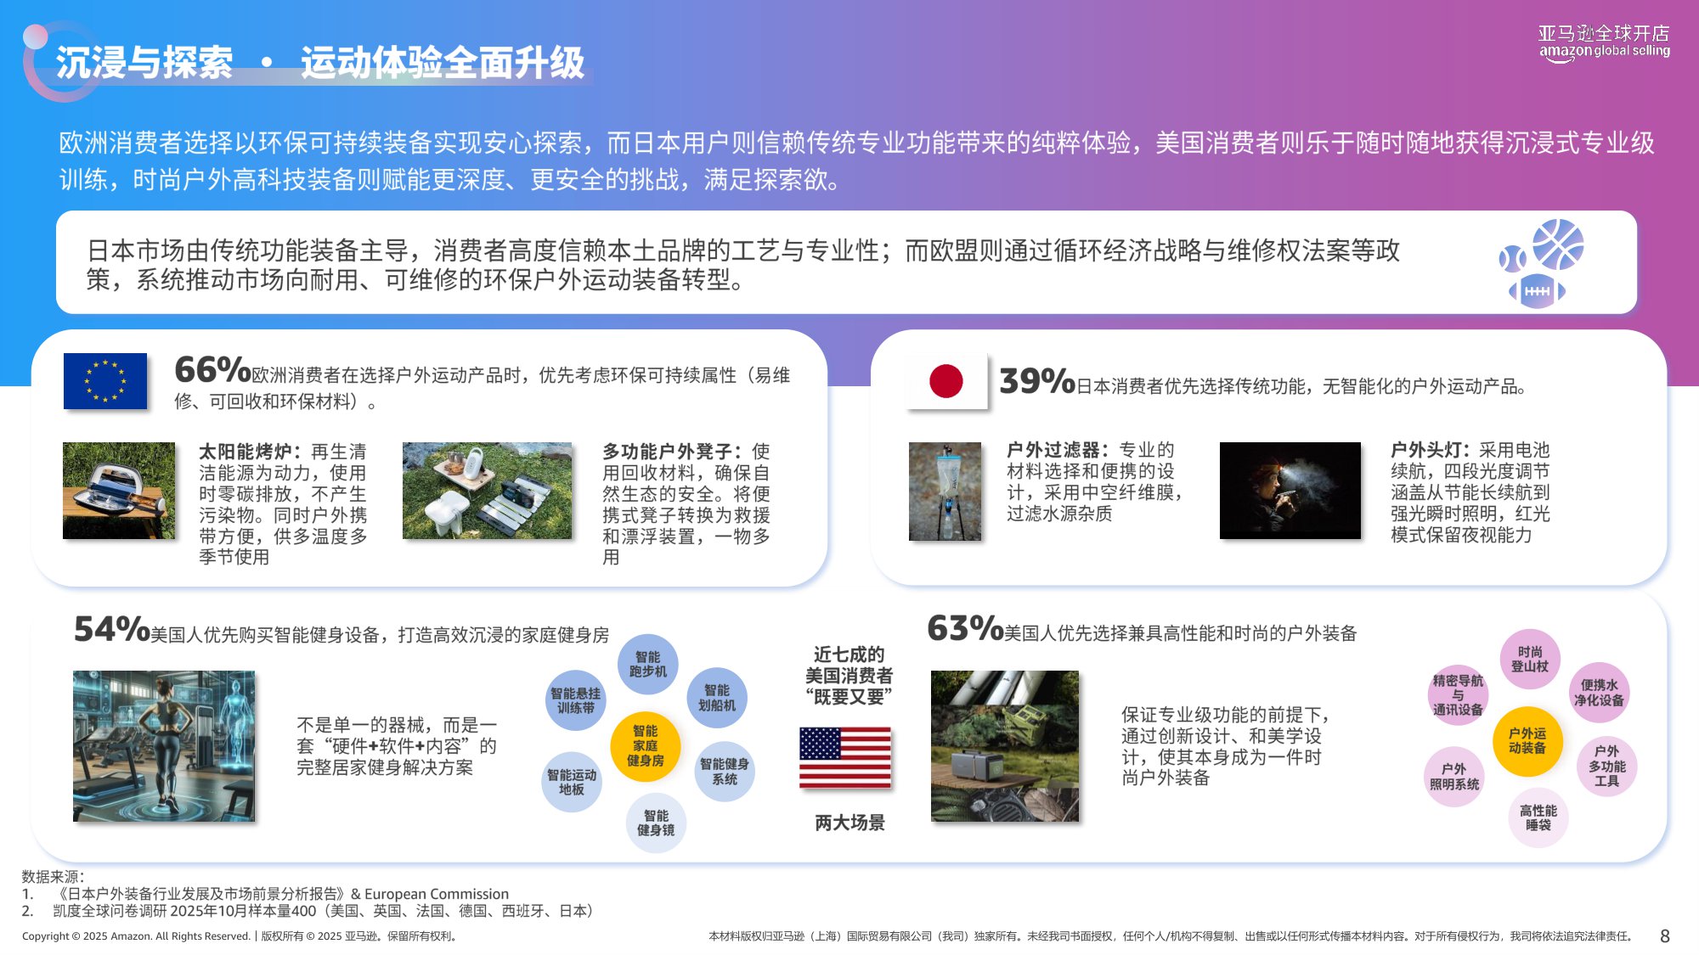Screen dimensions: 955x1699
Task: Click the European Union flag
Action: pyautogui.click(x=105, y=381)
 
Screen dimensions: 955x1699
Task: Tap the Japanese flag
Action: pyautogui.click(x=946, y=381)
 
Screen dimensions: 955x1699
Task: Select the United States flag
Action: pyautogui.click(x=845, y=757)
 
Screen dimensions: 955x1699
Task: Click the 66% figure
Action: pyautogui.click(x=212, y=370)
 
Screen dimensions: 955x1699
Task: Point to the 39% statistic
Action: pyautogui.click(x=1037, y=382)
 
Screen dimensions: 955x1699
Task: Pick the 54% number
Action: pyautogui.click(x=111, y=630)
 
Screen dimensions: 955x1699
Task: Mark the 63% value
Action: pyautogui.click(x=965, y=629)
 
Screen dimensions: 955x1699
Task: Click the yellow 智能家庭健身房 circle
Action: pyautogui.click(x=646, y=745)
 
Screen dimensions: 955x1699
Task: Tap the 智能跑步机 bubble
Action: pyautogui.click(x=648, y=664)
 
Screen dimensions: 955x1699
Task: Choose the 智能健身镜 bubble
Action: pyautogui.click(x=656, y=823)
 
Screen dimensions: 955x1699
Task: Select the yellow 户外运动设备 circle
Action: pyautogui.click(x=1527, y=741)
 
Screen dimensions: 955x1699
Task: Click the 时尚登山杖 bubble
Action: pyautogui.click(x=1530, y=659)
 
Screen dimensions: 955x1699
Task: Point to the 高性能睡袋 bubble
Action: pyautogui.click(x=1538, y=817)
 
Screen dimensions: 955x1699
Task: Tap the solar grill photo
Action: pyautogui.click(x=119, y=491)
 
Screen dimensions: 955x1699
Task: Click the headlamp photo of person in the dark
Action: pyautogui.click(x=1290, y=491)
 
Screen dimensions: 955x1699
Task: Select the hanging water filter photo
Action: pyautogui.click(x=945, y=492)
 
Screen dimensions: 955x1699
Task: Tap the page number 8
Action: pyautogui.click(x=1665, y=935)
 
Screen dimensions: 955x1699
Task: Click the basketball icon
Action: pyautogui.click(x=1558, y=244)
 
